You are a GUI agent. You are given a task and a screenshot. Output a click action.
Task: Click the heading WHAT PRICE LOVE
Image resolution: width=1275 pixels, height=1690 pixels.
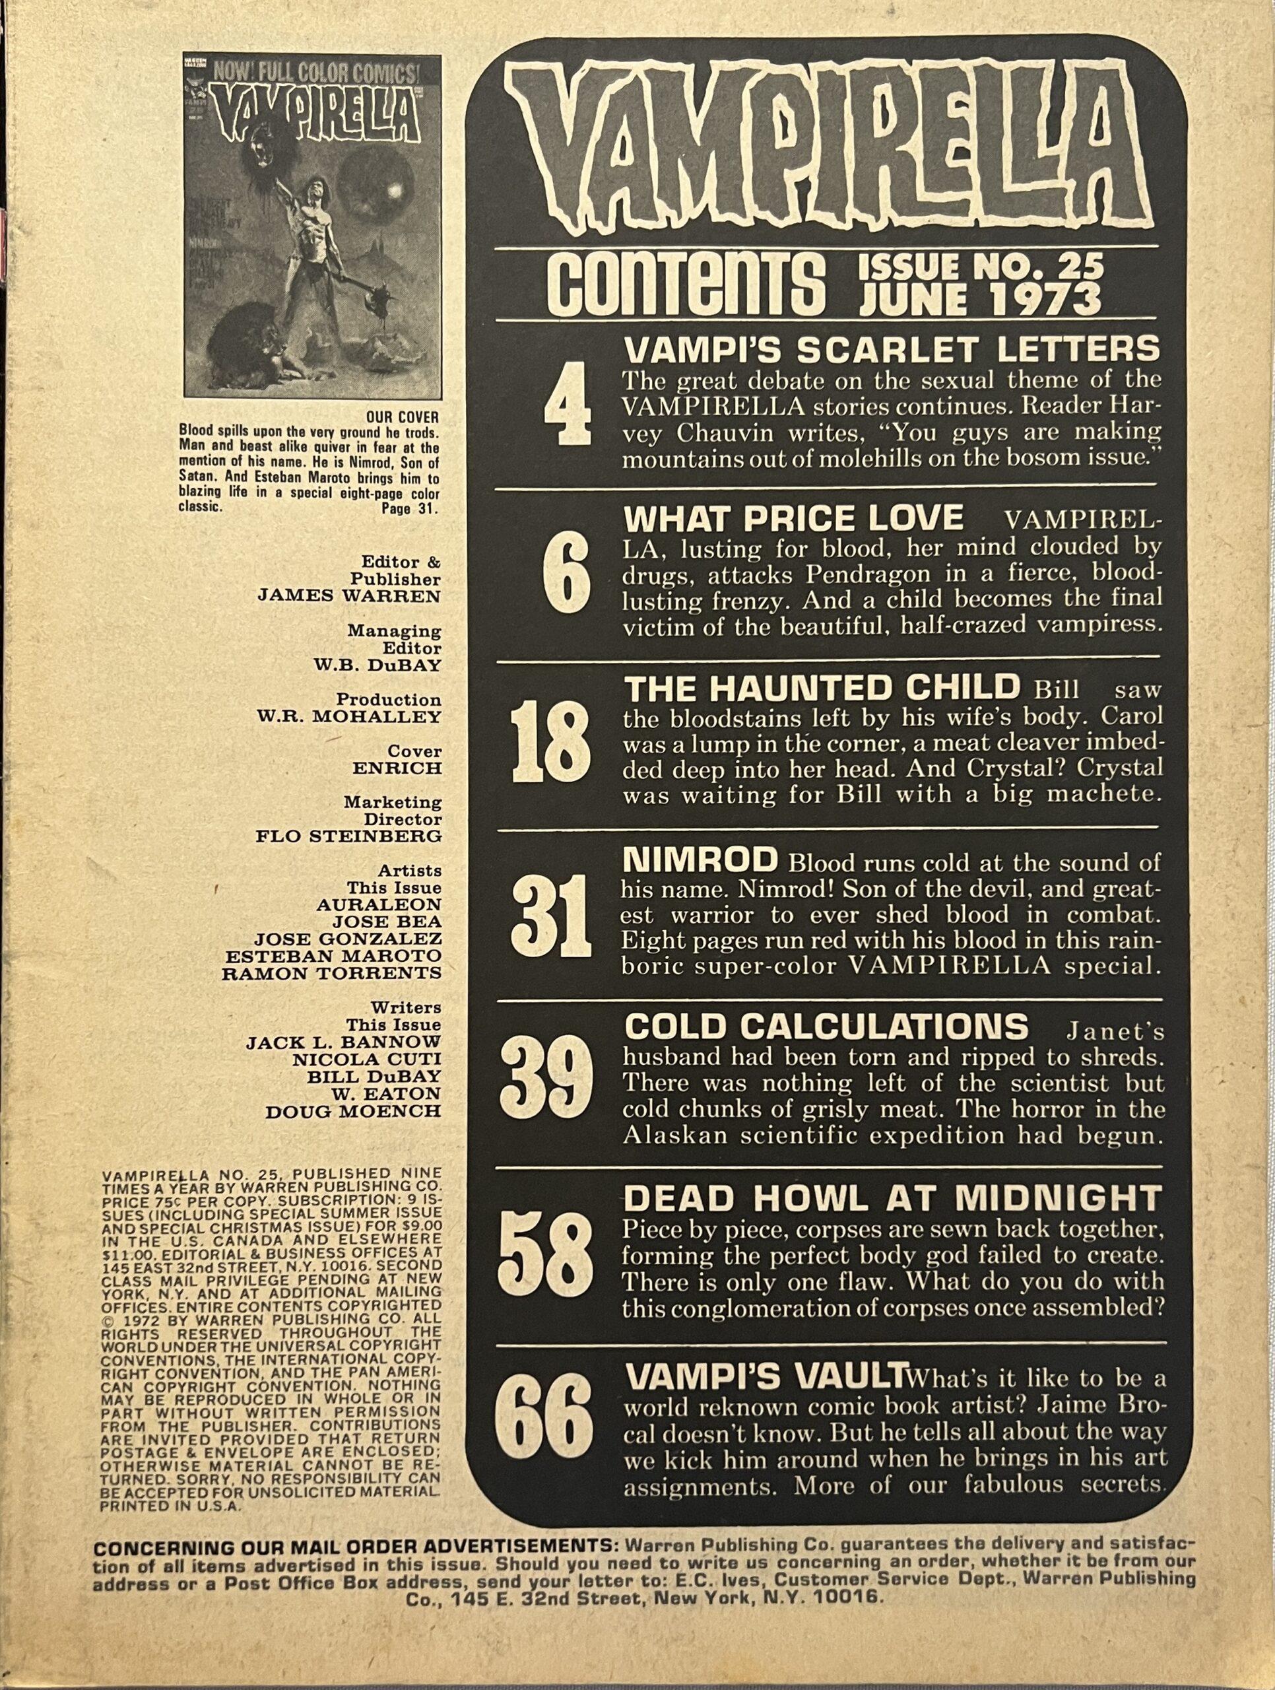click(x=794, y=519)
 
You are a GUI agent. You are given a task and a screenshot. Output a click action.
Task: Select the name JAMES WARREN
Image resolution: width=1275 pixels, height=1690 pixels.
click(x=350, y=597)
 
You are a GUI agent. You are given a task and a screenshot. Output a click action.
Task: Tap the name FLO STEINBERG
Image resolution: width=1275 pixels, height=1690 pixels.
click(x=349, y=835)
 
